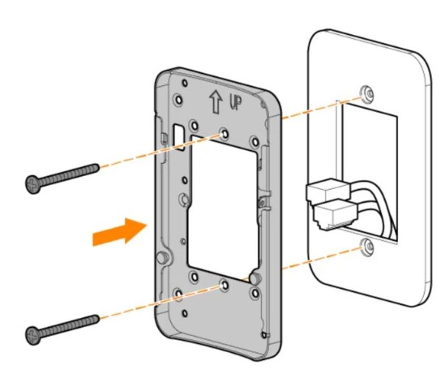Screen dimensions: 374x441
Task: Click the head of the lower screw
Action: (x=32, y=331)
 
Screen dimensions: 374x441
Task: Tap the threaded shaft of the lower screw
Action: (x=69, y=323)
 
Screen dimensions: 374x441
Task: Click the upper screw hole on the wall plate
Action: (x=369, y=92)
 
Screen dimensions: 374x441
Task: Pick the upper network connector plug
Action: (x=323, y=191)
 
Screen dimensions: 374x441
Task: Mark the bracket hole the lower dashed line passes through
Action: (x=223, y=286)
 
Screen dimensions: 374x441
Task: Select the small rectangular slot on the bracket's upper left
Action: (x=176, y=132)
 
